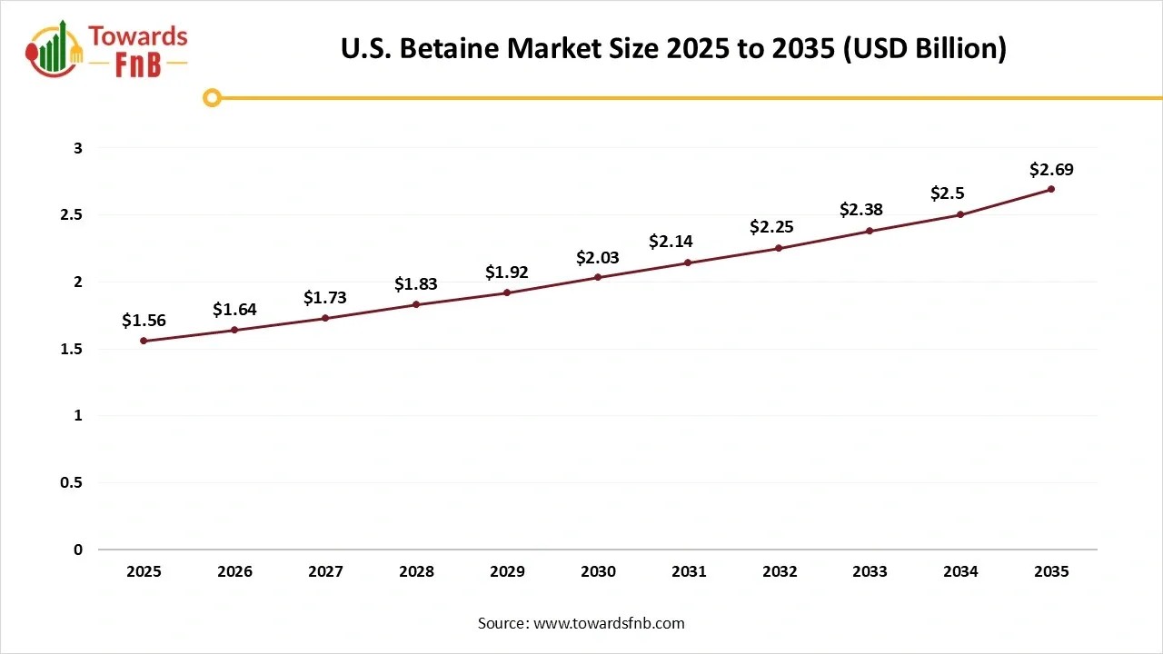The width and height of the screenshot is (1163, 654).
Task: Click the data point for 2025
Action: [144, 341]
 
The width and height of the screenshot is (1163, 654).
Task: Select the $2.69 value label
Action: [1051, 169]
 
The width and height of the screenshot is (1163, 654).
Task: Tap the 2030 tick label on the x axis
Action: [598, 571]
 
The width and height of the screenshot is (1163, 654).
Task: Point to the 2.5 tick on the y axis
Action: [71, 215]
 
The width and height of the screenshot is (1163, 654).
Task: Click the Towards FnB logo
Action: [107, 49]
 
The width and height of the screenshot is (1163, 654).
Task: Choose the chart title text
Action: [673, 49]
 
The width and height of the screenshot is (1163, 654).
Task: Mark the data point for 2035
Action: [1051, 189]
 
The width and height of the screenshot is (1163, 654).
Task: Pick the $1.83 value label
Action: [416, 284]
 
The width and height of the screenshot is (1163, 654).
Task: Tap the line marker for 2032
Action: [779, 248]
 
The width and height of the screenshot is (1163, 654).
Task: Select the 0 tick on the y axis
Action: [78, 550]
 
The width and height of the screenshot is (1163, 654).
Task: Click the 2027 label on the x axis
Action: [325, 571]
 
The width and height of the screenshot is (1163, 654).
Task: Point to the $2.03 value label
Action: [598, 258]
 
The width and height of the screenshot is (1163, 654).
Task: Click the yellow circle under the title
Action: [212, 98]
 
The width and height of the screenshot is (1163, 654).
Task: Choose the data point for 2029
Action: [507, 292]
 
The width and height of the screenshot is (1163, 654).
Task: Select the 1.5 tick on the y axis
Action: [71, 349]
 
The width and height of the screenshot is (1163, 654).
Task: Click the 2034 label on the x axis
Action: [960, 571]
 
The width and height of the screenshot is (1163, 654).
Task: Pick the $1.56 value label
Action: [144, 321]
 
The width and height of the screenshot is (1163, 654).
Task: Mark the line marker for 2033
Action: [870, 231]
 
